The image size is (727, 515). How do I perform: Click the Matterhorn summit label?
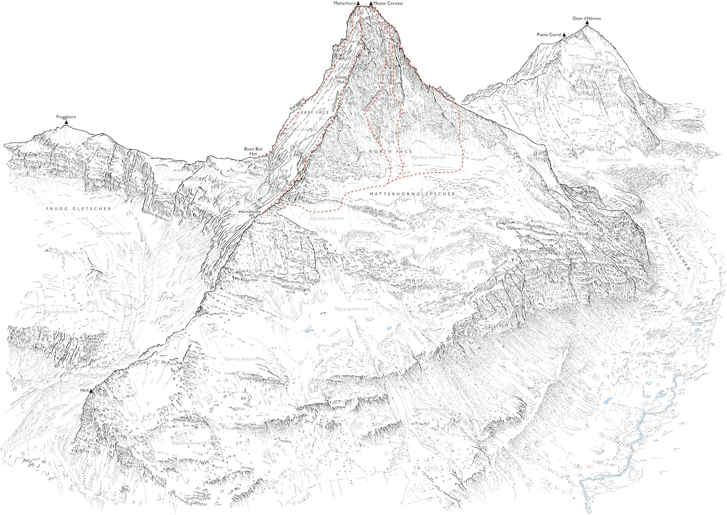344,3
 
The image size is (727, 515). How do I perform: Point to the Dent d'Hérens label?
586,18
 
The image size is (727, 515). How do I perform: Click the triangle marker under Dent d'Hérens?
586,23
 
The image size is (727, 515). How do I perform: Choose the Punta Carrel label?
549,35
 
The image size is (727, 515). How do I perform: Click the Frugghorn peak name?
66,117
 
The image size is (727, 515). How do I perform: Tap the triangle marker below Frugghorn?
66,122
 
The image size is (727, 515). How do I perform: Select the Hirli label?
84,390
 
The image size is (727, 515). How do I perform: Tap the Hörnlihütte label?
250,212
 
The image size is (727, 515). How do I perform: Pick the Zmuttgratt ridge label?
446,93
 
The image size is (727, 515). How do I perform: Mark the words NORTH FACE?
391,151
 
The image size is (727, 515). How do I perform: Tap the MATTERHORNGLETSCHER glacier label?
412,194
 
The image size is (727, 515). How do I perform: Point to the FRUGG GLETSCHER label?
79,208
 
